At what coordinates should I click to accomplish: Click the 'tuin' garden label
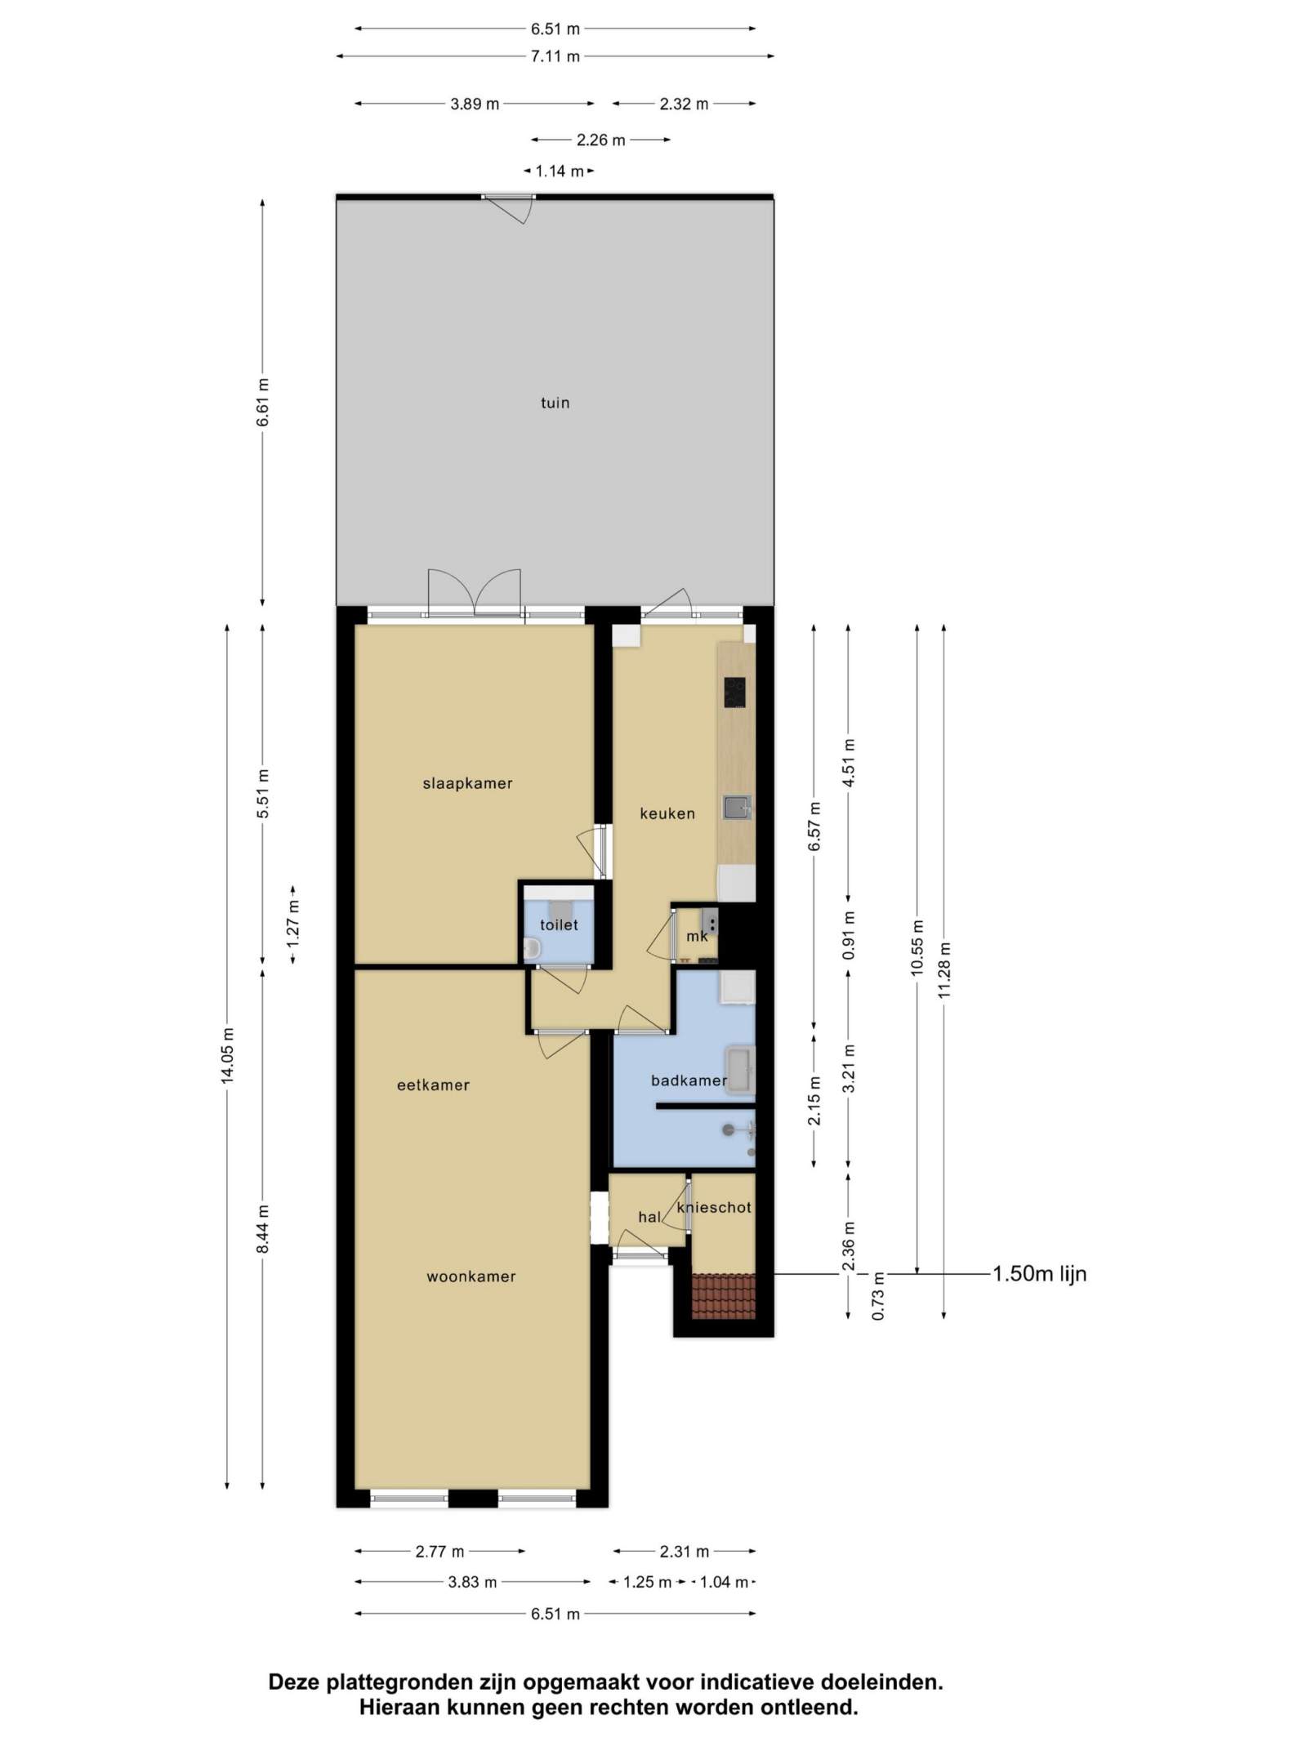pyautogui.click(x=555, y=403)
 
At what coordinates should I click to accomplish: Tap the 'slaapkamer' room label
pyautogui.click(x=467, y=783)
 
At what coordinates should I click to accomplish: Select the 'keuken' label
pyautogui.click(x=667, y=813)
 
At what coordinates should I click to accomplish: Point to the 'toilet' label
pyautogui.click(x=559, y=924)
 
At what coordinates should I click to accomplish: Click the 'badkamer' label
pyautogui.click(x=689, y=1080)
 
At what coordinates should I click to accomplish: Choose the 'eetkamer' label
pyautogui.click(x=433, y=1085)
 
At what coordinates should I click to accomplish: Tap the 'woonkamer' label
pyautogui.click(x=471, y=1276)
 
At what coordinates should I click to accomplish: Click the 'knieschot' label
pyautogui.click(x=715, y=1207)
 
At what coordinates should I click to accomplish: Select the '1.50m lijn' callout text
pyautogui.click(x=1039, y=1273)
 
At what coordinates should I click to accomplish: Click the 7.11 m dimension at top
pyautogui.click(x=555, y=56)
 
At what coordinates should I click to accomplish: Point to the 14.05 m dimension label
pyautogui.click(x=227, y=1056)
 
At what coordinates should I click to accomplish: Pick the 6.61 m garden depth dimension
pyautogui.click(x=262, y=403)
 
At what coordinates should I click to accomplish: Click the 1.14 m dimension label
pyautogui.click(x=559, y=172)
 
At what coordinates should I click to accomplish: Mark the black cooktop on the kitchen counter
pyautogui.click(x=734, y=693)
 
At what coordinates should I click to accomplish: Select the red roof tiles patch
pyautogui.click(x=723, y=1296)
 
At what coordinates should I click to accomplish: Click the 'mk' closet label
pyautogui.click(x=697, y=936)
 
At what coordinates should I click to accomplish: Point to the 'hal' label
pyautogui.click(x=649, y=1217)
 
